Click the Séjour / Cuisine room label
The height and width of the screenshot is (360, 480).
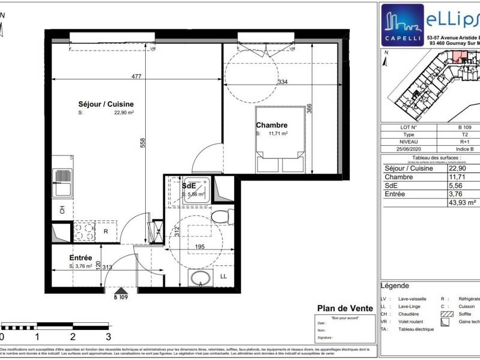pos(105,104)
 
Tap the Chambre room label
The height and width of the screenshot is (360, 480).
pos(272,125)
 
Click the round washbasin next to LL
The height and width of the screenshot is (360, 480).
pos(199,277)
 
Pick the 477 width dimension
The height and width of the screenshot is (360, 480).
pos(136,76)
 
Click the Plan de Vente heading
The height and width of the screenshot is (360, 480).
pos(344,308)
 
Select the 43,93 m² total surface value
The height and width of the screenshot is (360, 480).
pos(464,203)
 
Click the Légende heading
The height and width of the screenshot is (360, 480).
pos(395,286)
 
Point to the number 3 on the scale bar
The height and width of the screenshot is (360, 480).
pos(108,337)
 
